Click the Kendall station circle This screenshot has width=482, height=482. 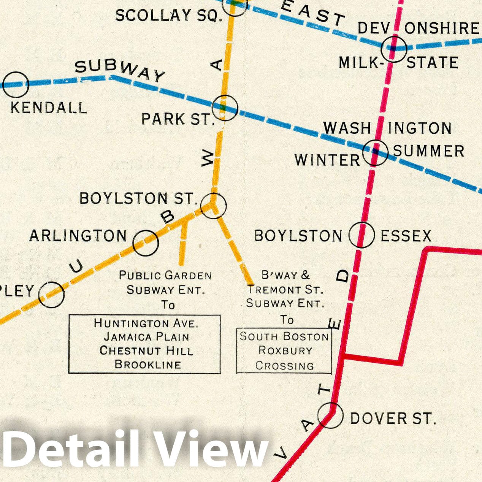(x=16, y=84)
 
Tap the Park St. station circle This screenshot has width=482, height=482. (x=225, y=108)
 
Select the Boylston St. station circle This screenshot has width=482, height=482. (x=213, y=205)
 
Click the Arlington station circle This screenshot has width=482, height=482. (x=146, y=243)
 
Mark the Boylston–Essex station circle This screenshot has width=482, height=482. (x=361, y=235)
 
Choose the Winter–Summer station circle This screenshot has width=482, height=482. (x=375, y=152)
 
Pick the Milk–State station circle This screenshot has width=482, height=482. (x=395, y=49)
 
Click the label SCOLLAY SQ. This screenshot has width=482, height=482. (x=168, y=16)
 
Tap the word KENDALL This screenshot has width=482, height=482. (x=48, y=108)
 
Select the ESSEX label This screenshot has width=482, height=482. (x=406, y=236)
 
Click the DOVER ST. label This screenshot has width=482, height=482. (x=393, y=419)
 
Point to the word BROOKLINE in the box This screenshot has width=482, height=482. (x=148, y=364)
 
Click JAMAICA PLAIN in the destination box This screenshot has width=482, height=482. (x=146, y=337)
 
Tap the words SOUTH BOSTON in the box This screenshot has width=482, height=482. (x=284, y=336)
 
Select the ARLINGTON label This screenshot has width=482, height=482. (x=78, y=236)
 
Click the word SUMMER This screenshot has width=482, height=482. (x=428, y=151)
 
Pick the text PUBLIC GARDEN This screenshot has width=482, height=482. (x=165, y=275)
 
